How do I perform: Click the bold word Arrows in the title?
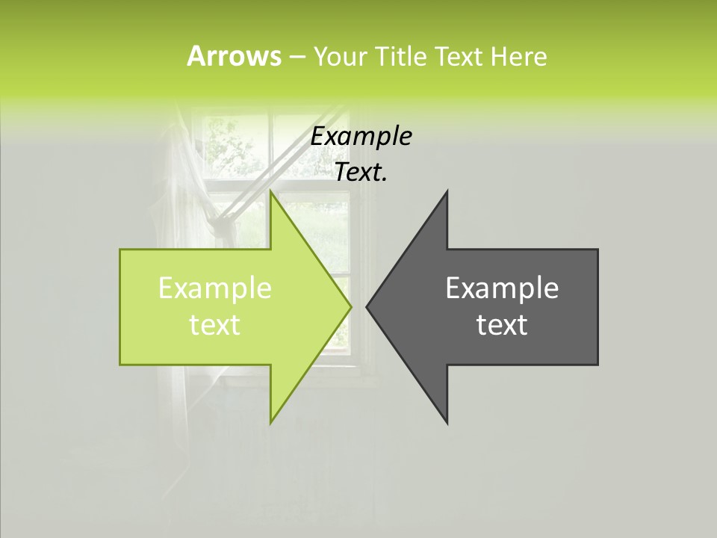click(234, 56)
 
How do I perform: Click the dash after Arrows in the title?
click(297, 58)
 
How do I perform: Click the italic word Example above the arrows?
click(361, 137)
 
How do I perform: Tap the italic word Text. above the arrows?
click(361, 173)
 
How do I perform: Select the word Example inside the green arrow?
click(215, 288)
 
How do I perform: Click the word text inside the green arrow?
click(215, 325)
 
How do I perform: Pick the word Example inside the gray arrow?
click(502, 288)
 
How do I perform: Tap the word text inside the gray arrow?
click(502, 325)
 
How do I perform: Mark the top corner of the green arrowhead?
click(271, 192)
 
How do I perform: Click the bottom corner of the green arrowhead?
click(271, 422)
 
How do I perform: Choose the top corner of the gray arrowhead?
click(447, 192)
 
